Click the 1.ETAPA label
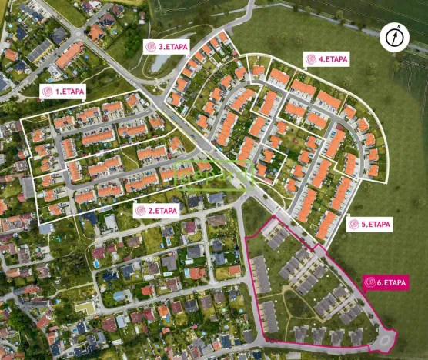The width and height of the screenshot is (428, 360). (62, 91)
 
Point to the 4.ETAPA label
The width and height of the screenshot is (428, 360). (326, 58)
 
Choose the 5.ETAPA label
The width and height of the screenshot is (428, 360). (369, 225)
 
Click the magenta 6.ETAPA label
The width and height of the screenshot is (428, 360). (386, 282)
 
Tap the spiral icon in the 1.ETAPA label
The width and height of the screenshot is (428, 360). (48, 91)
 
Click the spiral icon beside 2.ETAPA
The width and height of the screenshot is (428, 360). (141, 210)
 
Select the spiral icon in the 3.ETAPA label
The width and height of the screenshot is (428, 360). (151, 46)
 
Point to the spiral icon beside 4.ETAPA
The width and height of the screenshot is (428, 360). (311, 58)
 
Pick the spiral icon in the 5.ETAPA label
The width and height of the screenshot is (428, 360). (354, 225)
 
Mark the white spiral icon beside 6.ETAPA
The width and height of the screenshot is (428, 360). (370, 282)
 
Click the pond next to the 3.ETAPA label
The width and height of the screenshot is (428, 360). (161, 63)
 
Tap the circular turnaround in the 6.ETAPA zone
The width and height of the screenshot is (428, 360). (383, 338)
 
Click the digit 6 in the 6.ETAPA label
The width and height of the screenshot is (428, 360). (380, 282)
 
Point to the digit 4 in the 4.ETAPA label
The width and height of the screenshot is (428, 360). (319, 58)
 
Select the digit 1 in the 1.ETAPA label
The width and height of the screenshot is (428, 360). (56, 91)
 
